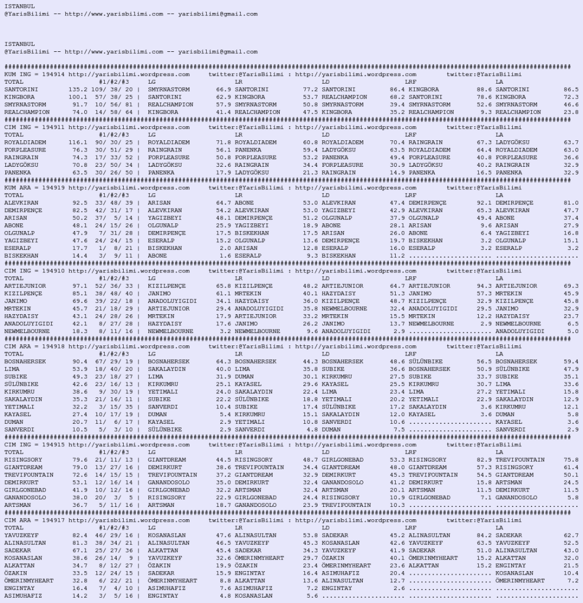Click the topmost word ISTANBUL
(19, 6)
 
